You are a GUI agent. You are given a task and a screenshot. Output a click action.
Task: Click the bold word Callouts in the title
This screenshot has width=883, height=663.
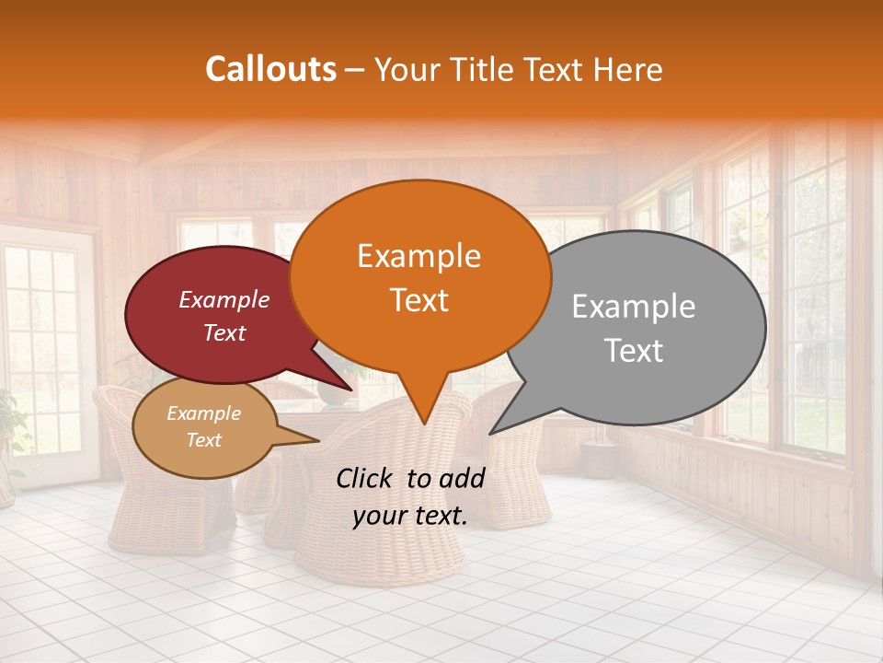(x=270, y=70)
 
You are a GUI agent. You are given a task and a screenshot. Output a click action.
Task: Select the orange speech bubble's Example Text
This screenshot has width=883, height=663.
(x=419, y=278)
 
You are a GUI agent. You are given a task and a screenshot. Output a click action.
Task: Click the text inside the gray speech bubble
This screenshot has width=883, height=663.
(x=634, y=328)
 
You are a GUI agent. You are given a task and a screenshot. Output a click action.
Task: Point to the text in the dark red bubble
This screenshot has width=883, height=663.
(x=224, y=316)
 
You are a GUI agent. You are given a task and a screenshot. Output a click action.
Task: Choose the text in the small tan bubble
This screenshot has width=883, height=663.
(x=203, y=426)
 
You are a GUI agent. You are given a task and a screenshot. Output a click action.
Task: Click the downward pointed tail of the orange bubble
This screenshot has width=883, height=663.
(x=424, y=419)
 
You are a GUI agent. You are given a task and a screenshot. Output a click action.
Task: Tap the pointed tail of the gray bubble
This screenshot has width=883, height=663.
(x=495, y=429)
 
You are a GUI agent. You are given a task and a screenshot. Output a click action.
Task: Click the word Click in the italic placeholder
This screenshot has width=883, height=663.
(x=366, y=478)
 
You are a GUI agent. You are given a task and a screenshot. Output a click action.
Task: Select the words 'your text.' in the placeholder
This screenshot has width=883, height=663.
(x=410, y=517)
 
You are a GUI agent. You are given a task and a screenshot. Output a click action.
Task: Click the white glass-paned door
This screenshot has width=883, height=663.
(x=46, y=359)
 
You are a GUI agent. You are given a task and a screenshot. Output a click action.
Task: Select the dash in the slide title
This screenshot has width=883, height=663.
(x=356, y=70)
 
